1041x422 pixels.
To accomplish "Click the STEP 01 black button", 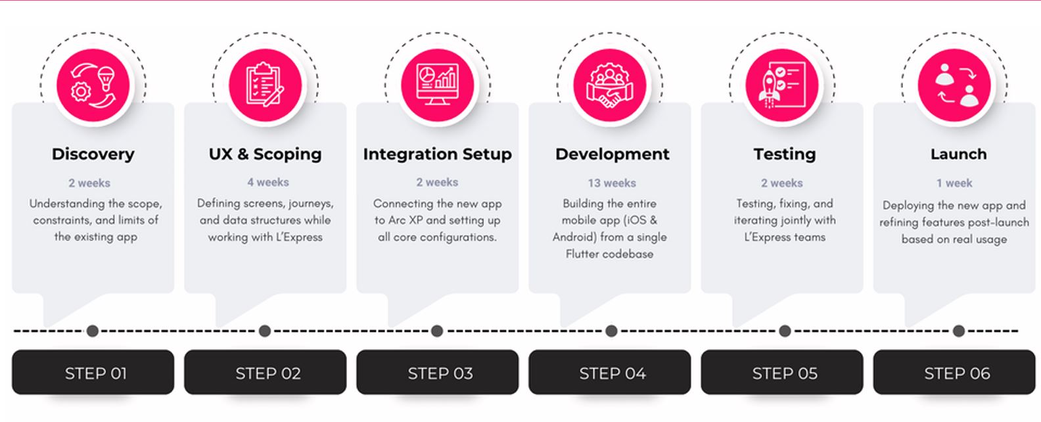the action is click(93, 372).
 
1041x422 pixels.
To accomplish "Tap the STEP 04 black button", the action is click(610, 372).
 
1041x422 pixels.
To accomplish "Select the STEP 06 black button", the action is click(954, 372).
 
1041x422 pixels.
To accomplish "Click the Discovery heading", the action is click(93, 154).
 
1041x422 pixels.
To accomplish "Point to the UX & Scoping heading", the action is click(265, 154).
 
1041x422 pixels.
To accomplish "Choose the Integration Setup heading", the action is click(437, 154).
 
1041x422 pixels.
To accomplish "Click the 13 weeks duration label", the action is click(612, 183).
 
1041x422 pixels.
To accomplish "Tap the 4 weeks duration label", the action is click(267, 182).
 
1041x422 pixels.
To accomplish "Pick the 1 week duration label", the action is click(954, 183).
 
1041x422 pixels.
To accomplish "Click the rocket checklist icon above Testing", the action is click(782, 85).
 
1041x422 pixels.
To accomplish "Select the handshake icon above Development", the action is click(610, 85).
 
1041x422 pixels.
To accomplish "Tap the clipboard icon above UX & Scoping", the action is click(266, 85).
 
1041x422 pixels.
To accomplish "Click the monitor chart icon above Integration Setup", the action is click(437, 85).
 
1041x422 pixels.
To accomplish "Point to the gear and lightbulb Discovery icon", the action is click(93, 85).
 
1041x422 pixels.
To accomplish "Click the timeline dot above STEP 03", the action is click(437, 331).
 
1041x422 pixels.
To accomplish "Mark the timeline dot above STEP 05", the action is click(785, 331).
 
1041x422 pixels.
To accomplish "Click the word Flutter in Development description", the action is click(580, 254).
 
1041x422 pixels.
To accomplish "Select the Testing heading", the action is click(785, 154).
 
